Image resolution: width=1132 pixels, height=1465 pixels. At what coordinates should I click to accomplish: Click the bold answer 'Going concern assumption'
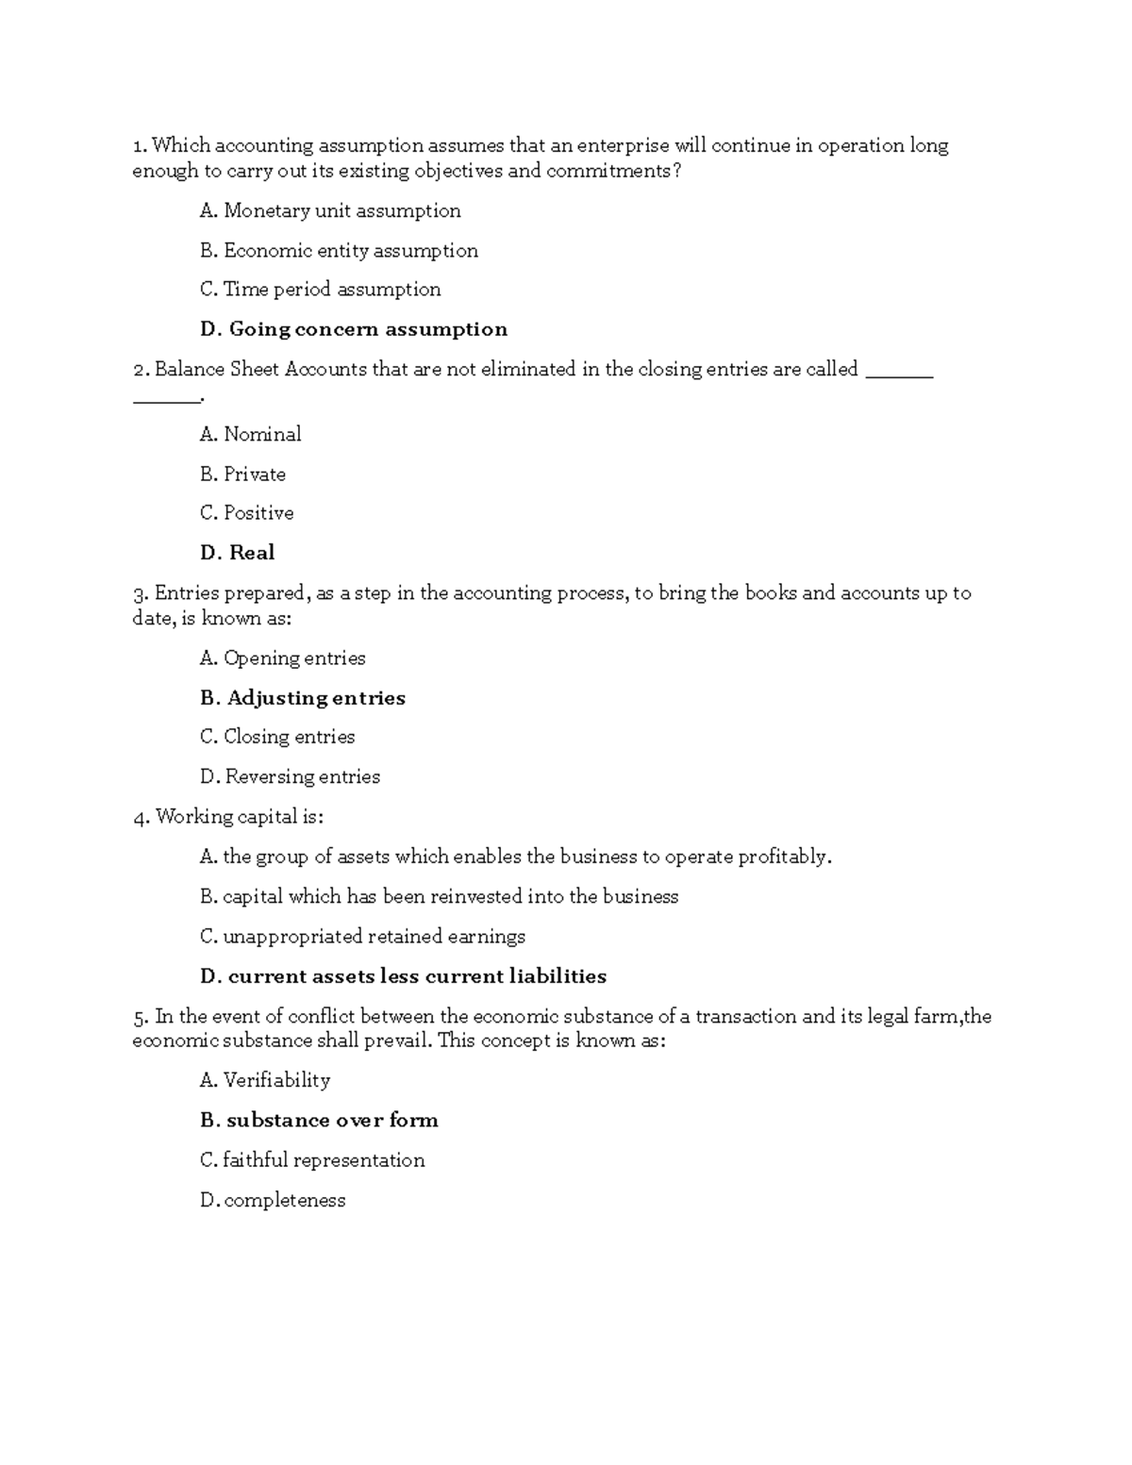point(368,329)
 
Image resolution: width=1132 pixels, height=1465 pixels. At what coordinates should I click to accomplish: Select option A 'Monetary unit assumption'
point(341,210)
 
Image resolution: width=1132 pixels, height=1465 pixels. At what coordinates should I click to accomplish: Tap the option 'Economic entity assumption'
point(350,250)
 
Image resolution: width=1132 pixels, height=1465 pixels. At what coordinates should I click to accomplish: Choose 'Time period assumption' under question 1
point(332,290)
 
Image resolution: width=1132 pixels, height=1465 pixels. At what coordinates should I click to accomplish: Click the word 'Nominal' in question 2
point(262,434)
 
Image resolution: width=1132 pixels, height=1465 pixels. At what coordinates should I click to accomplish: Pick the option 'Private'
point(255,474)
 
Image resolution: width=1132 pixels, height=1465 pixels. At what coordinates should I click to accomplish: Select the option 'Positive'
point(258,513)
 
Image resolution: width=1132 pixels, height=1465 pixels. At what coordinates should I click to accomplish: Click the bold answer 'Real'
point(252,553)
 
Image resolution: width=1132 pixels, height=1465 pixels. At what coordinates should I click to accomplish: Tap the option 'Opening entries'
point(294,658)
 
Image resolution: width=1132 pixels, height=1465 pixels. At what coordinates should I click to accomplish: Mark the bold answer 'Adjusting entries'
point(316,698)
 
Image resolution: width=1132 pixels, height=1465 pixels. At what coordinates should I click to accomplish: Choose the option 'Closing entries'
point(289,737)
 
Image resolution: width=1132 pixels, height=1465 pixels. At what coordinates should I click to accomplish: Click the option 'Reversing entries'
point(302,776)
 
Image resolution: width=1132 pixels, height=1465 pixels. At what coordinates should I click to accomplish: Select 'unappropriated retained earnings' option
point(374,937)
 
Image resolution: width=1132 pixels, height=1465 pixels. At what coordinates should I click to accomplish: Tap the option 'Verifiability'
point(276,1080)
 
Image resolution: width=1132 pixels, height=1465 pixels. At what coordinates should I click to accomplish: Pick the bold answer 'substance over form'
point(332,1121)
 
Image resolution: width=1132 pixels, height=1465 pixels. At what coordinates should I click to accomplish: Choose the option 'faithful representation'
point(324,1160)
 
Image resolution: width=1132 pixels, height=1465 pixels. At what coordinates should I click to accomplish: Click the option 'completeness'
point(285,1201)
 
